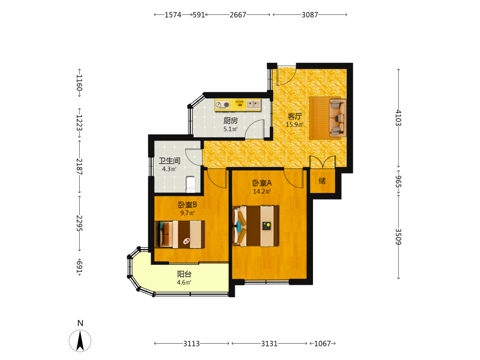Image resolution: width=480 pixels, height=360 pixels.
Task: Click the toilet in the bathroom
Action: click(191, 185)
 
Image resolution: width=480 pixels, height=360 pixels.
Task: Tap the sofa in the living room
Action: click(337, 118)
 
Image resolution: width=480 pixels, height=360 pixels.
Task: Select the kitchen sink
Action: click(253, 105)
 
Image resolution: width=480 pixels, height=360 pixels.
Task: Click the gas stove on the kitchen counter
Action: click(223, 105)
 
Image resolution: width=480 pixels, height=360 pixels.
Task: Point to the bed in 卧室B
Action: click(180, 234)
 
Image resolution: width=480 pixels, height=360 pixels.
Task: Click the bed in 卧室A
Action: click(256, 226)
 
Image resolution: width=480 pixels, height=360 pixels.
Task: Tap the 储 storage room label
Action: click(322, 181)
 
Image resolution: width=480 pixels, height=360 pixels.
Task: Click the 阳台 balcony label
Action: click(184, 274)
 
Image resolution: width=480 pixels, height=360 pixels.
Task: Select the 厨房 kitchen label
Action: click(230, 120)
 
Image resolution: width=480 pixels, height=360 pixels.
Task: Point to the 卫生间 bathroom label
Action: click(169, 160)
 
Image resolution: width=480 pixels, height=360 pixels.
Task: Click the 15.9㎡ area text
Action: click(295, 125)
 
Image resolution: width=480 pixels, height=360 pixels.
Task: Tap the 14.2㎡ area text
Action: click(262, 192)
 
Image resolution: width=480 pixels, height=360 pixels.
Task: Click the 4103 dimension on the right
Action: click(398, 118)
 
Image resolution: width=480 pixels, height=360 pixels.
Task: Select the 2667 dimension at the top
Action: click(238, 15)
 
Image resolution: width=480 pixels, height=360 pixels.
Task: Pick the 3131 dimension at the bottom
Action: click(269, 344)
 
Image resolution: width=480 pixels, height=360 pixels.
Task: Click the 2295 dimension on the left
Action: click(79, 223)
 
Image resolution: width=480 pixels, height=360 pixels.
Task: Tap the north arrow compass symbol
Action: click(80, 341)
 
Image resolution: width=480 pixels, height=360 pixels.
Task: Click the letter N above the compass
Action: click(80, 323)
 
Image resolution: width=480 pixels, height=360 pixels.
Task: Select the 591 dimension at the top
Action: click(199, 15)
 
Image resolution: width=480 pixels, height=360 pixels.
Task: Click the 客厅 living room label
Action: click(295, 116)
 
